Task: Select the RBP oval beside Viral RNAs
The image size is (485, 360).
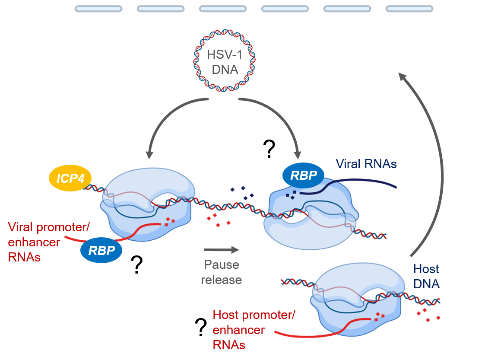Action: (304, 175)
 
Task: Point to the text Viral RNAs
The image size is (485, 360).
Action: (366, 164)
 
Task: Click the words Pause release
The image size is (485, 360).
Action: (221, 272)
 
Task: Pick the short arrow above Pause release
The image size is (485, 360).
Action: (221, 249)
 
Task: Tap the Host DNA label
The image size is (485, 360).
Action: (426, 276)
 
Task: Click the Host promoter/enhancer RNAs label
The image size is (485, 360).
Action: (254, 330)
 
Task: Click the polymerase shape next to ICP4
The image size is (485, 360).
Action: (147, 203)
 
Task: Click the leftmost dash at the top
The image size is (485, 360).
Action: (98, 9)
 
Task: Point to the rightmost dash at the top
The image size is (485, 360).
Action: (409, 9)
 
